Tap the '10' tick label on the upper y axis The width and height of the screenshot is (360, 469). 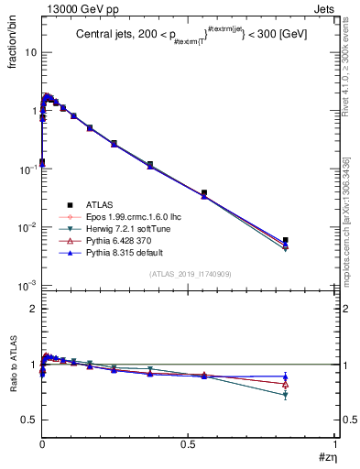tap(30, 52)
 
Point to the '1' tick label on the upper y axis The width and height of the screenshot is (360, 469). tap(33, 111)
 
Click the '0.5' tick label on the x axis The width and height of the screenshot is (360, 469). tap(188, 444)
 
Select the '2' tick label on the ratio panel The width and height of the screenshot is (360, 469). tap(33, 310)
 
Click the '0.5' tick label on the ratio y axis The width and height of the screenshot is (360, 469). tap(28, 420)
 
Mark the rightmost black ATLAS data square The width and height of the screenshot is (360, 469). tap(286, 240)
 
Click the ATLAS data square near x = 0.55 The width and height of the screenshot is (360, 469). tap(204, 193)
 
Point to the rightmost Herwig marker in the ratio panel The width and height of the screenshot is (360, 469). tap(286, 395)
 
